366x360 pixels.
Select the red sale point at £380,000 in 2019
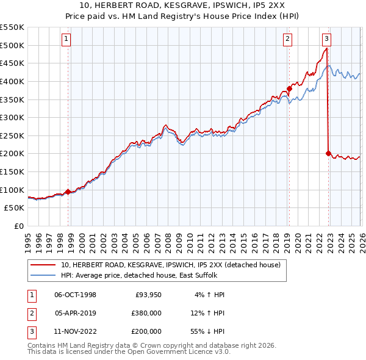pos(289,88)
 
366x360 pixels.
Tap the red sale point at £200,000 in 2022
pos(328,153)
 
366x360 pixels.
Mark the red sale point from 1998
pos(68,192)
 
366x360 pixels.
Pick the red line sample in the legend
pos(43,265)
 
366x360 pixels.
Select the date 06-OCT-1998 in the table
pos(75,295)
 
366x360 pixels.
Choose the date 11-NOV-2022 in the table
pos(75,331)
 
